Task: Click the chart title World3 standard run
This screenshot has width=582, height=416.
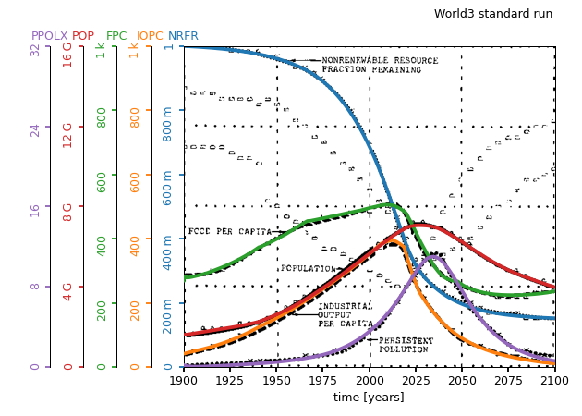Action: coord(493,14)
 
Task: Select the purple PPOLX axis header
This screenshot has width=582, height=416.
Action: coord(50,36)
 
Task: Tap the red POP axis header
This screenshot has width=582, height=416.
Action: coord(83,36)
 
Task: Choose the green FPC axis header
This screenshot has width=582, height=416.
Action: coord(116,36)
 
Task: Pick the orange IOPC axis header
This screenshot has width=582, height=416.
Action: coord(150,36)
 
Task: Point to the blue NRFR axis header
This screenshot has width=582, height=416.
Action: coord(183,36)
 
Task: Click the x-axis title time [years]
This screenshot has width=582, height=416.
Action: coord(369,398)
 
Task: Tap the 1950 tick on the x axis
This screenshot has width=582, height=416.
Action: coord(277,380)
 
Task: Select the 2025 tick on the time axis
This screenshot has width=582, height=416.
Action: coord(416,380)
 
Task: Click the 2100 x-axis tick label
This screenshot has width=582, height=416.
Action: coord(554,380)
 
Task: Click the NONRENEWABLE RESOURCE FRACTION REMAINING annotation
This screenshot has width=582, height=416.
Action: coord(379,65)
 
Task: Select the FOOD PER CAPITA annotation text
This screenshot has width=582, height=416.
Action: coord(230,232)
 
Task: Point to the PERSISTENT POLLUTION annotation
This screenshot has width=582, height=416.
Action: coord(404,345)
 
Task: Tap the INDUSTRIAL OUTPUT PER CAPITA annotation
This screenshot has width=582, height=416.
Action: coord(345,314)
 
